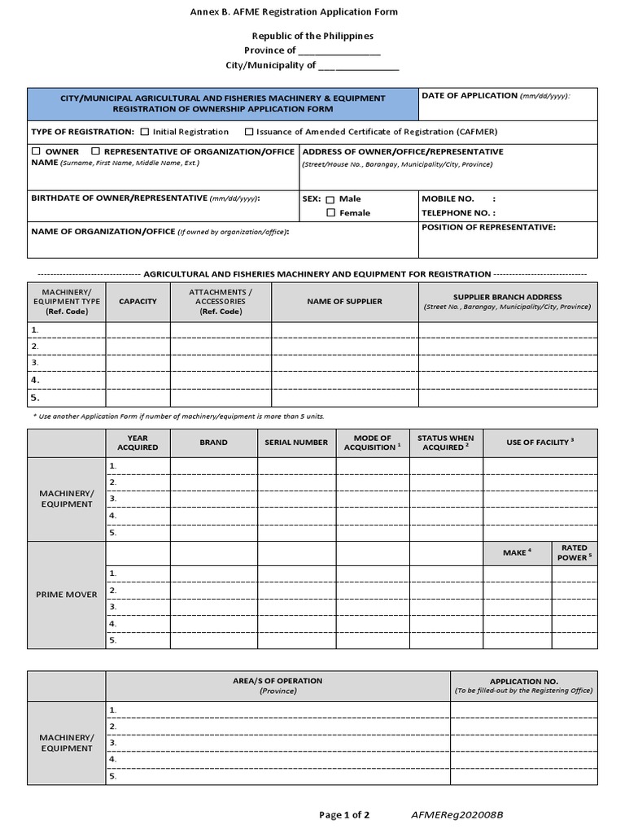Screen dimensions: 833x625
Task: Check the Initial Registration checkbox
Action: [145, 132]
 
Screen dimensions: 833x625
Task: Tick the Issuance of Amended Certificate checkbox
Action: [248, 132]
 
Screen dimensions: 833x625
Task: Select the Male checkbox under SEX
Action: [330, 199]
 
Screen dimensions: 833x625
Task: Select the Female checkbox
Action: [330, 213]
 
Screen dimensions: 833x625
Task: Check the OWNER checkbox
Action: [36, 151]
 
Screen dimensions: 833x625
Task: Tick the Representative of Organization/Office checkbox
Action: [96, 151]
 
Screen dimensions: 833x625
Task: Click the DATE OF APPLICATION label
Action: [470, 96]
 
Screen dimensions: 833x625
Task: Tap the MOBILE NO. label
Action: [448, 198]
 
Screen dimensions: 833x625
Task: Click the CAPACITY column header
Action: [138, 302]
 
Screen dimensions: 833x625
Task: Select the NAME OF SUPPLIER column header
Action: [344, 302]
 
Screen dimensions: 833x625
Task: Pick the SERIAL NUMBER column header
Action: [296, 443]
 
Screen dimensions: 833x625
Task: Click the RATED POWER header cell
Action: [575, 552]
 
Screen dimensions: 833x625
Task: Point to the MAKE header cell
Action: [517, 552]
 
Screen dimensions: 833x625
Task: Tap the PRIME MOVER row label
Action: [66, 595]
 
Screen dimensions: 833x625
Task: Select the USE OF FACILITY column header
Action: [540, 442]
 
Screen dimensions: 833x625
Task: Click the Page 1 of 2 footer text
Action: [344, 814]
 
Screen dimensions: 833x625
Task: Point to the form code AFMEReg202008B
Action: [457, 814]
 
